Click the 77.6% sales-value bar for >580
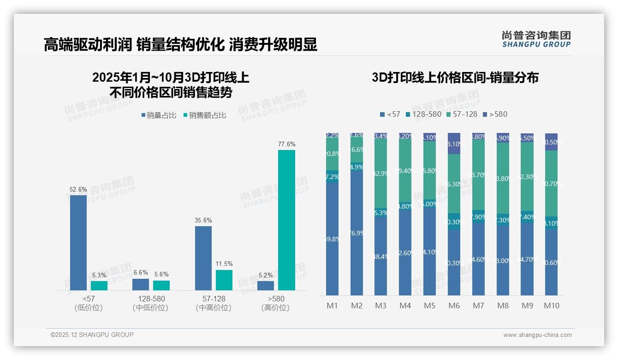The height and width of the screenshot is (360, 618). coord(286,220)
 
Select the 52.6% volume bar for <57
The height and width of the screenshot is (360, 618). coord(78,243)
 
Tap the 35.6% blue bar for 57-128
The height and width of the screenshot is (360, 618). coord(203,258)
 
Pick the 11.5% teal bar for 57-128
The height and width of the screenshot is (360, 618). coord(224,280)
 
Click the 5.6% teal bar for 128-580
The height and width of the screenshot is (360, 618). coord(161,285)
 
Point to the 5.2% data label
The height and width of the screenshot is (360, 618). coord(265,276)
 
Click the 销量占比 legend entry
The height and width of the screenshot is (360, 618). coord(159,115)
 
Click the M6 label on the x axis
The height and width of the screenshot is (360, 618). coord(454,306)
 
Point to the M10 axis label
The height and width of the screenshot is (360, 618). coord(551,306)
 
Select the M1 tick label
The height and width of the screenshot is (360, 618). coord(332,306)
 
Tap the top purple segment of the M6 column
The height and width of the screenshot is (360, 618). coord(454,143)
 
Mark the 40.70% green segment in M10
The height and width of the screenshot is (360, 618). coord(551,183)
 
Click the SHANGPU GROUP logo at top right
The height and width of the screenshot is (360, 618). coord(536,39)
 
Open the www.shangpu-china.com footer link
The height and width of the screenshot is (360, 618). coord(537,335)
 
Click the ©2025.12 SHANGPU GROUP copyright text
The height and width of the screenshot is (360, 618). coord(92,335)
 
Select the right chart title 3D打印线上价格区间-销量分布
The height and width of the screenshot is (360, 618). coord(455,78)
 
